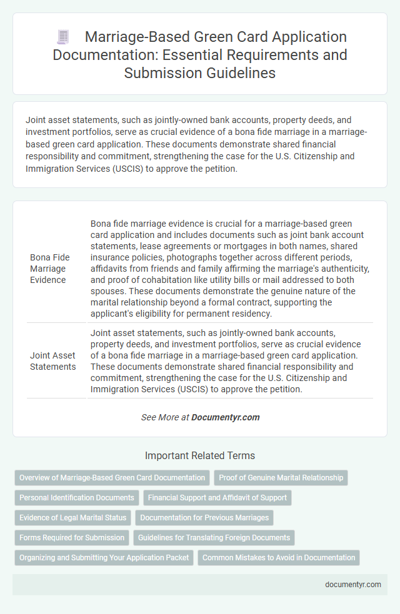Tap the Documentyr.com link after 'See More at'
pos(225,417)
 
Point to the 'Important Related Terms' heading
pos(199,455)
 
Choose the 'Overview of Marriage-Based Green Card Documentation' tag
pos(112,478)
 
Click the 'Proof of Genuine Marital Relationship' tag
pos(281,478)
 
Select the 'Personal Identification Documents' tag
pos(77,498)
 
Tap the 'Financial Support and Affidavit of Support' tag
pos(217,498)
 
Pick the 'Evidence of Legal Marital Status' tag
pos(72,518)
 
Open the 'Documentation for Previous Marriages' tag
pos(204,518)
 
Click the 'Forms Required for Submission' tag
pos(71,538)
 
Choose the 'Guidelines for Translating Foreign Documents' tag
pos(214,538)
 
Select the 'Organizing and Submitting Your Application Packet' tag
pos(104,558)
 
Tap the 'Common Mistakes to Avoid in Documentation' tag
pos(279,558)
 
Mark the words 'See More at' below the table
pos(164,417)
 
